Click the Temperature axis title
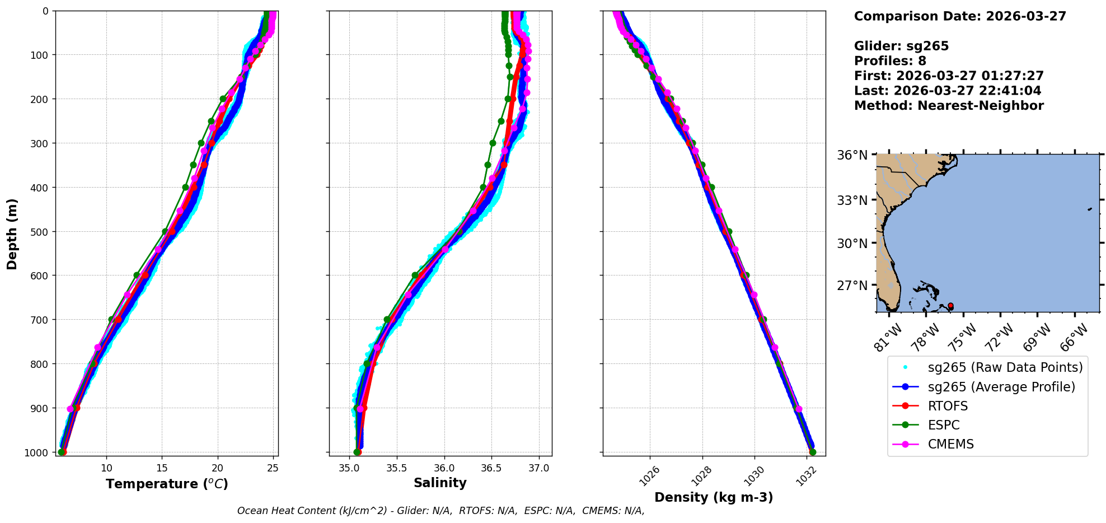pos(167,484)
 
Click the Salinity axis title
pos(440,483)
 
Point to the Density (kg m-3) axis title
pos(714,497)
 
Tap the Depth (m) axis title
pos(12,234)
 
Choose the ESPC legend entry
pos(944,425)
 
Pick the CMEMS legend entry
pos(950,444)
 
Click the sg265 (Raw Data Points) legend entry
pos(1005,367)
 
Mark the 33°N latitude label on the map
pos(852,200)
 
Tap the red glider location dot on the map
pos(950,306)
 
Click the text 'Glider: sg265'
pos(901,46)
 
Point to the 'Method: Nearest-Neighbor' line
pos(949,105)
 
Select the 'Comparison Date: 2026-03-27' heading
pos(960,16)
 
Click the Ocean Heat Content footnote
pos(440,511)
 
